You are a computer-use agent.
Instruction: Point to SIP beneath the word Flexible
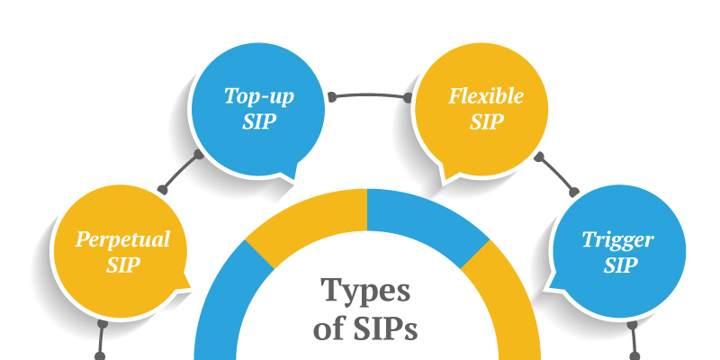486,122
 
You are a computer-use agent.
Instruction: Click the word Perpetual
123,239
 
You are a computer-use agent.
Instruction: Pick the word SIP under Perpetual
123,265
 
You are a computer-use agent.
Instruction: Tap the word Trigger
617,239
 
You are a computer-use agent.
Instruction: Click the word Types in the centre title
366,291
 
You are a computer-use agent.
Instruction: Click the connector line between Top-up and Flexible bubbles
369,91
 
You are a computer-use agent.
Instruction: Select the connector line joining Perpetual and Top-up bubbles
181,172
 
